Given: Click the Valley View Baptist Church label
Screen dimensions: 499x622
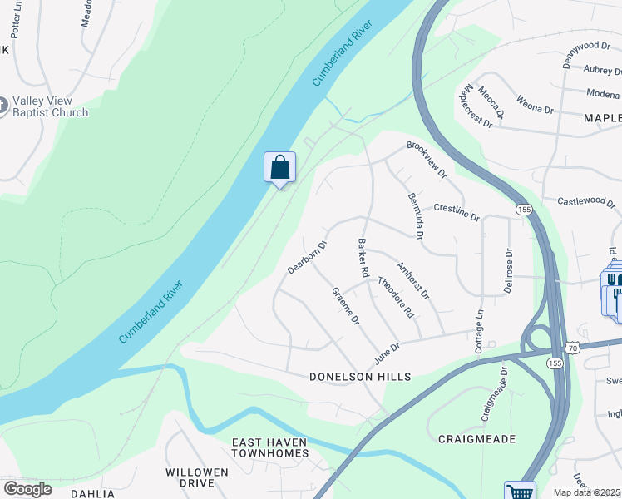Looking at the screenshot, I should pyautogui.click(x=51, y=106).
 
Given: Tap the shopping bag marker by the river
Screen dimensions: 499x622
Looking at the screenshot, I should pyautogui.click(x=280, y=167).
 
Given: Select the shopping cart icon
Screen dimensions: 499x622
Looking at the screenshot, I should pyautogui.click(x=520, y=492).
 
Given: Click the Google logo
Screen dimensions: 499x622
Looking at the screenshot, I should pyautogui.click(x=27, y=489).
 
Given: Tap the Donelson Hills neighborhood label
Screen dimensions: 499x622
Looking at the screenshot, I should pyautogui.click(x=360, y=377).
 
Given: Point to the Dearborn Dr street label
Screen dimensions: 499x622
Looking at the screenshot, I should pyautogui.click(x=308, y=257).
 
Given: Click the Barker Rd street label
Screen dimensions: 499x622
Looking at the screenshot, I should pyautogui.click(x=363, y=258).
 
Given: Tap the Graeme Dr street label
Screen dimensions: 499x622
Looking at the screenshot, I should pyautogui.click(x=345, y=306).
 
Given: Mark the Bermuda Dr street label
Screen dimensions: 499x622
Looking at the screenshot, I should pyautogui.click(x=416, y=216).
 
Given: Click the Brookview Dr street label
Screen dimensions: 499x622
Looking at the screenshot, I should pyautogui.click(x=427, y=160).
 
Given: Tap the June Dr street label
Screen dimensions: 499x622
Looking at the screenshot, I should pyautogui.click(x=388, y=352).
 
